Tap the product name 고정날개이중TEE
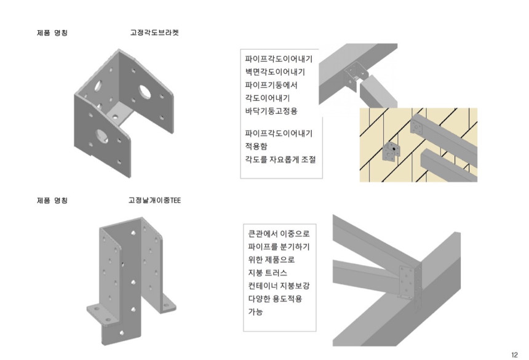click(x=154, y=201)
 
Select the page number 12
click(x=514, y=354)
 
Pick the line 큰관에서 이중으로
click(x=278, y=234)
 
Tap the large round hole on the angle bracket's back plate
click(x=145, y=92)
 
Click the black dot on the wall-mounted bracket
click(x=392, y=150)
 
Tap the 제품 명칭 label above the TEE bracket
click(x=52, y=201)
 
